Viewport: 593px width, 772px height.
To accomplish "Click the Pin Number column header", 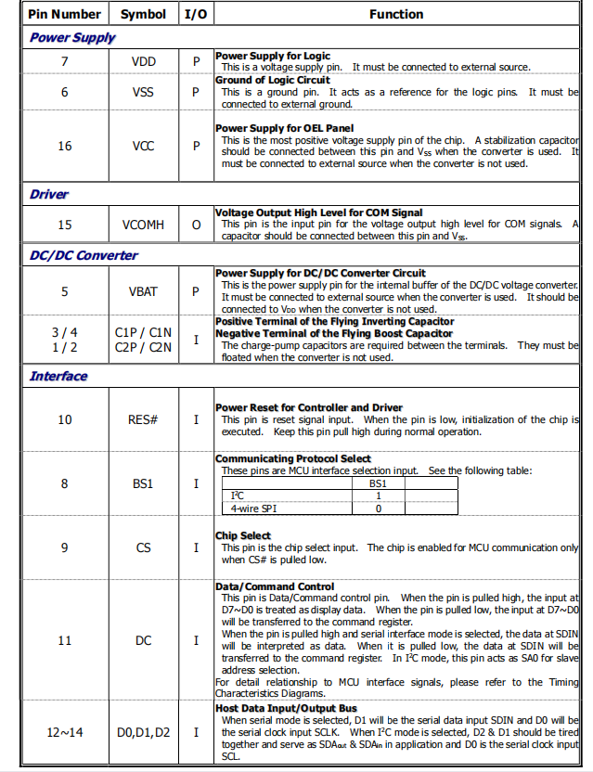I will [64, 14].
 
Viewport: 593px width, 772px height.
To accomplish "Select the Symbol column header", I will [144, 14].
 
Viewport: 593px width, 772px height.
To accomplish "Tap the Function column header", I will [396, 14].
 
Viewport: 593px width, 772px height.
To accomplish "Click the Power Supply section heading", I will [72, 37].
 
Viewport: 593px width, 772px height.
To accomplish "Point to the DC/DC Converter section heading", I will [84, 255].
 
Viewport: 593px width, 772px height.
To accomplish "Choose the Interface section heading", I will [58, 376].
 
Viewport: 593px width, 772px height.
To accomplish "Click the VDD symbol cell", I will [144, 61].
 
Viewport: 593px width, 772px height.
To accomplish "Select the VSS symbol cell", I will [144, 92].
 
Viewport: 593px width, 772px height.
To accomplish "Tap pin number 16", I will [64, 146].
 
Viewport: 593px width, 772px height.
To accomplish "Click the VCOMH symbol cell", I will [144, 225].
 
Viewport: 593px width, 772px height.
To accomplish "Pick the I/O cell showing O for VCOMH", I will [195, 225].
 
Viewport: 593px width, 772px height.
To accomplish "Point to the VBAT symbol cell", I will [144, 291].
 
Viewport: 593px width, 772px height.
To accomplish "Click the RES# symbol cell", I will [144, 419].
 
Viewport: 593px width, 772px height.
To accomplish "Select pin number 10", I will [64, 419].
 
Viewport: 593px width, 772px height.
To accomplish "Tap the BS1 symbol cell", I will [144, 483].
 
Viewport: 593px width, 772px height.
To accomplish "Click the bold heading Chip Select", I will [243, 535].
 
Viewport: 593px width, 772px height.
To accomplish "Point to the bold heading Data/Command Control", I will [275, 586].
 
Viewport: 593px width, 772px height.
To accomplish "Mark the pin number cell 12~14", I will [64, 732].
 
